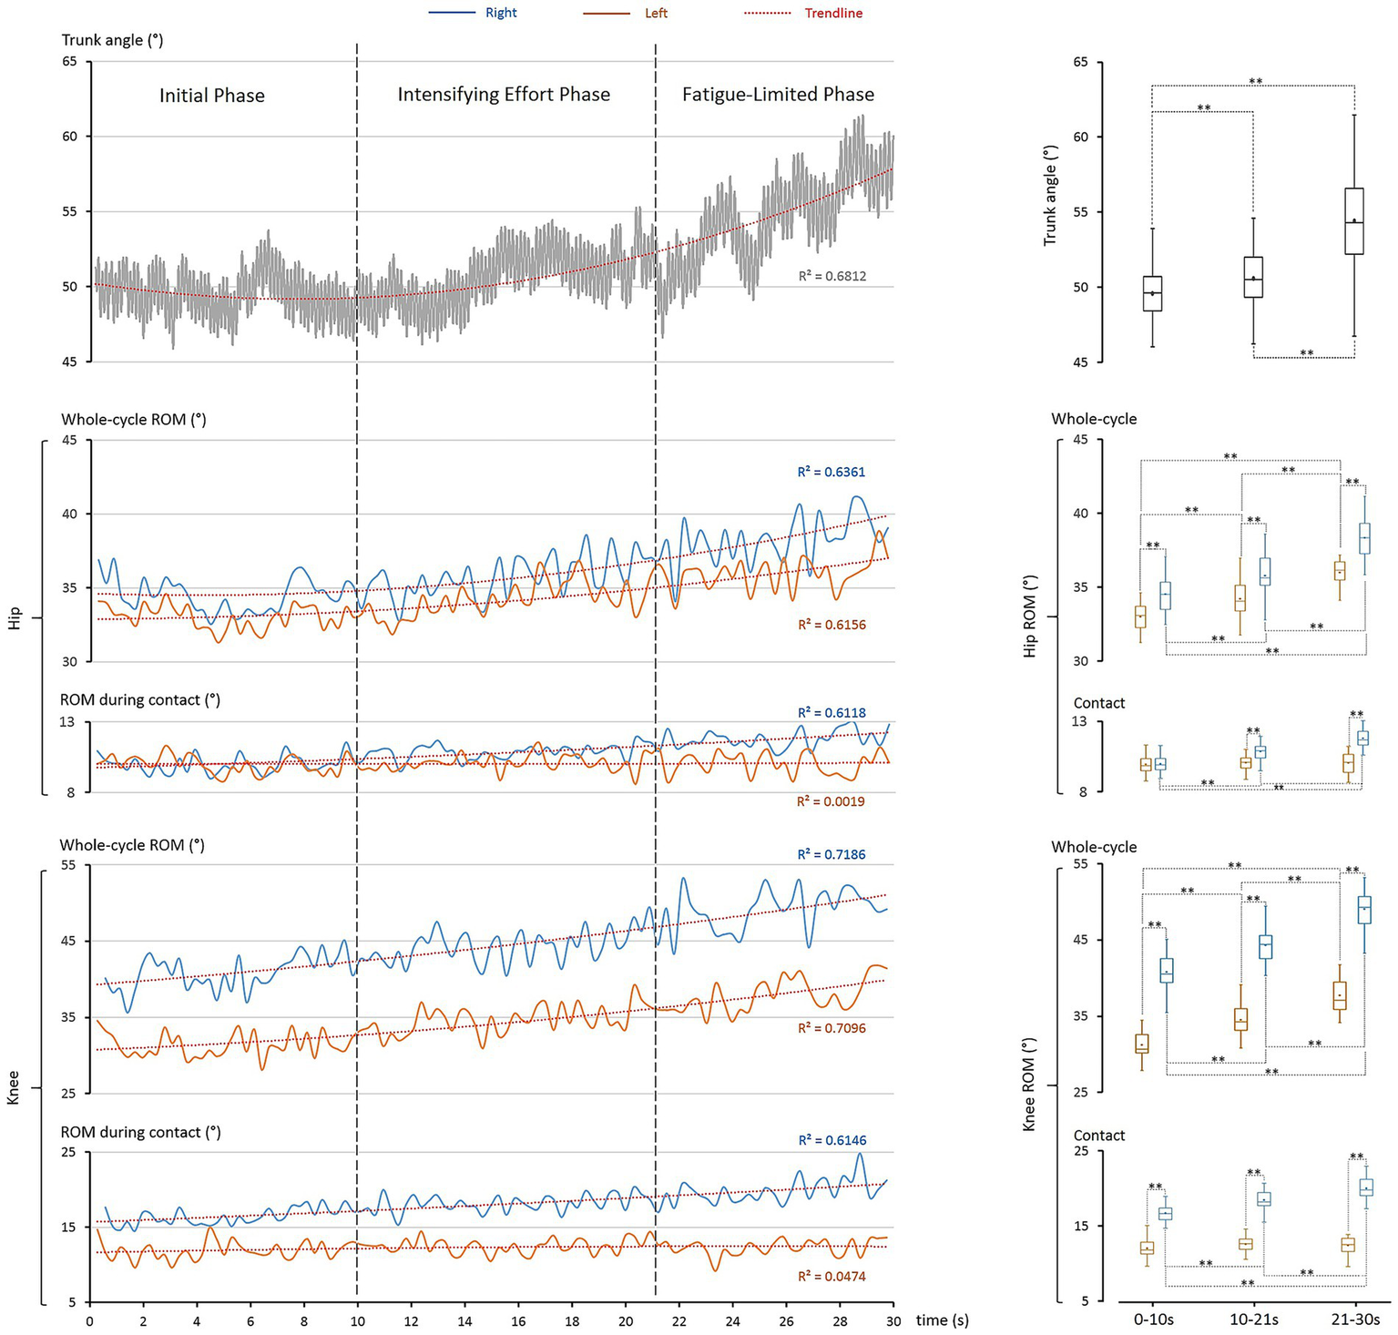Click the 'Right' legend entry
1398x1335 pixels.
tap(501, 13)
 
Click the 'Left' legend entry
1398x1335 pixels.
tap(656, 13)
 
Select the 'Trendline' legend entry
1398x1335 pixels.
tap(832, 13)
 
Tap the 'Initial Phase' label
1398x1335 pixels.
tap(212, 96)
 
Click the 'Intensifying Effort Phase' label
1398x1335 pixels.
tap(504, 95)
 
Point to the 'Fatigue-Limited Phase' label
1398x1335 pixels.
tap(778, 95)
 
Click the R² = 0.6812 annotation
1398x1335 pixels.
tap(832, 275)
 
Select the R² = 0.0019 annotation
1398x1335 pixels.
tap(831, 801)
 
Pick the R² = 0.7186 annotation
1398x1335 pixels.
tap(832, 854)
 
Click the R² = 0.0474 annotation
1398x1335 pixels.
tap(832, 1276)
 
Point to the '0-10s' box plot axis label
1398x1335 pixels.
tap(1152, 1320)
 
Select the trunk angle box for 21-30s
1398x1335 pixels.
tap(1354, 221)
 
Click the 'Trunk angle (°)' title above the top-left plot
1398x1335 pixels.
tap(112, 40)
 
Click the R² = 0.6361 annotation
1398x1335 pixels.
tap(832, 472)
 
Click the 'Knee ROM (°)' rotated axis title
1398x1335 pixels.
tap(1030, 1085)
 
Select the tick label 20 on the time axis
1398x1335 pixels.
tap(626, 1320)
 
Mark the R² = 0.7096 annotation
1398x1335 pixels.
tap(832, 1028)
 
